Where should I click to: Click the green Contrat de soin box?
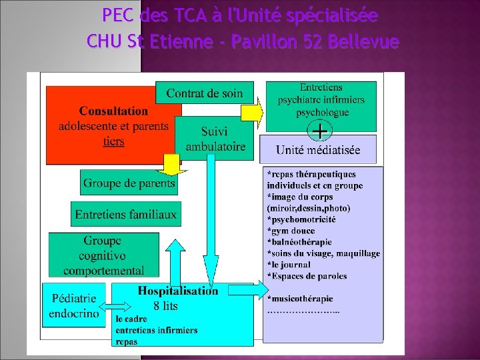pos(204,93)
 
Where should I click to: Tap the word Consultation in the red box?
pos(113,111)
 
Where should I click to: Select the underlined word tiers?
pos(113,141)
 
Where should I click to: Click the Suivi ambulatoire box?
pos(215,139)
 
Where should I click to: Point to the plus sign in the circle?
pos(320,129)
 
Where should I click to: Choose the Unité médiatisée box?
pos(317,150)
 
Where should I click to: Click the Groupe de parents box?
pos(129,183)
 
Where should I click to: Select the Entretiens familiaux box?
pos(126,214)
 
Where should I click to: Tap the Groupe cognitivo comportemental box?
pos(103,255)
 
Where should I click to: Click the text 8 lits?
pos(165,306)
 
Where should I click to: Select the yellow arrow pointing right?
pos(252,112)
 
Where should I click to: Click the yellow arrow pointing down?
pos(172,162)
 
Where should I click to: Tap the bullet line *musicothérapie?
pos(299,299)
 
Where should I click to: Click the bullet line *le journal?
pos(289,265)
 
